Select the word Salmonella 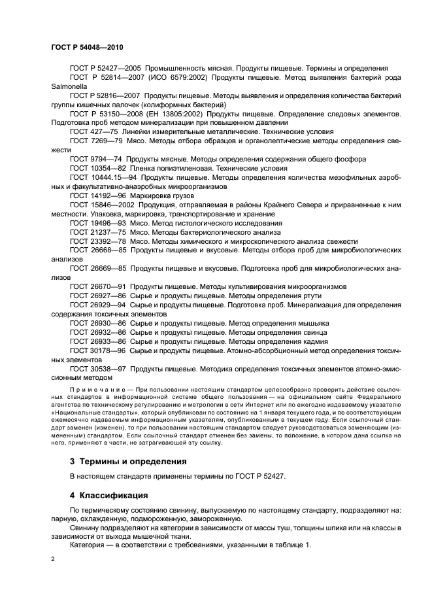pyautogui.click(x=69, y=86)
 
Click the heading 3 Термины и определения pyautogui.click(x=128, y=461)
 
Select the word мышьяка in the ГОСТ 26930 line pyautogui.click(x=310, y=323)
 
